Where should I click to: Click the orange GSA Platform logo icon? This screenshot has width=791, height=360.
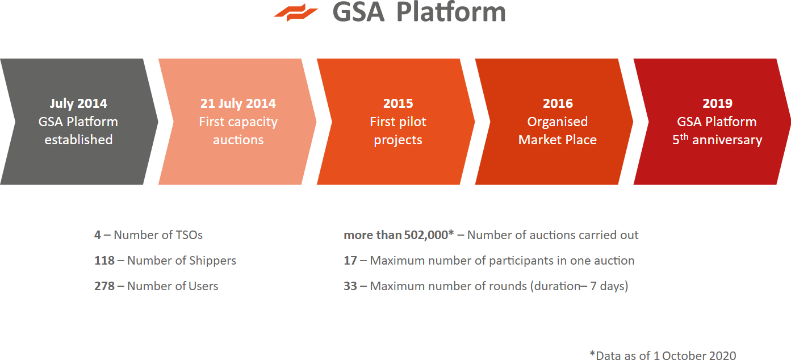(296, 12)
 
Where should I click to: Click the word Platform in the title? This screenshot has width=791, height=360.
(451, 12)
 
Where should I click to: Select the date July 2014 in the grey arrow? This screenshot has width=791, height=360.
(78, 103)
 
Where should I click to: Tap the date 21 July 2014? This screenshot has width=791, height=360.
(238, 103)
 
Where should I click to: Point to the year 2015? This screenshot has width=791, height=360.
(398, 103)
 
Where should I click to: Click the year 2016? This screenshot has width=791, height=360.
(558, 103)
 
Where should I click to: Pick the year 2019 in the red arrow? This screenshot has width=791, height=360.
(717, 103)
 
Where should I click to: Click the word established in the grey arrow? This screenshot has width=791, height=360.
(78, 140)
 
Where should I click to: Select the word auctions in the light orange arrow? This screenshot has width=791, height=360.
(238, 140)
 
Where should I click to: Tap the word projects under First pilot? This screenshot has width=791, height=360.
(398, 140)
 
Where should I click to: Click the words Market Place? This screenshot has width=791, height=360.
(558, 140)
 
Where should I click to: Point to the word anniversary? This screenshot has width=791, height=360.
(727, 140)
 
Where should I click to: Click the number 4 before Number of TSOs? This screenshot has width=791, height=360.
(98, 235)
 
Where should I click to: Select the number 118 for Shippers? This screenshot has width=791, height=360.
(104, 261)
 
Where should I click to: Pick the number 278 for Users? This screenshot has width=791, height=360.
(104, 286)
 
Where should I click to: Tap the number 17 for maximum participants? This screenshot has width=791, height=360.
(350, 261)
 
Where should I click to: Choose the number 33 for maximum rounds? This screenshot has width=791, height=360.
(350, 286)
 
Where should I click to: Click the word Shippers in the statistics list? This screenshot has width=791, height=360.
(212, 261)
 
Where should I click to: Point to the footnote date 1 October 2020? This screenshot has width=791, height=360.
(694, 355)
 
